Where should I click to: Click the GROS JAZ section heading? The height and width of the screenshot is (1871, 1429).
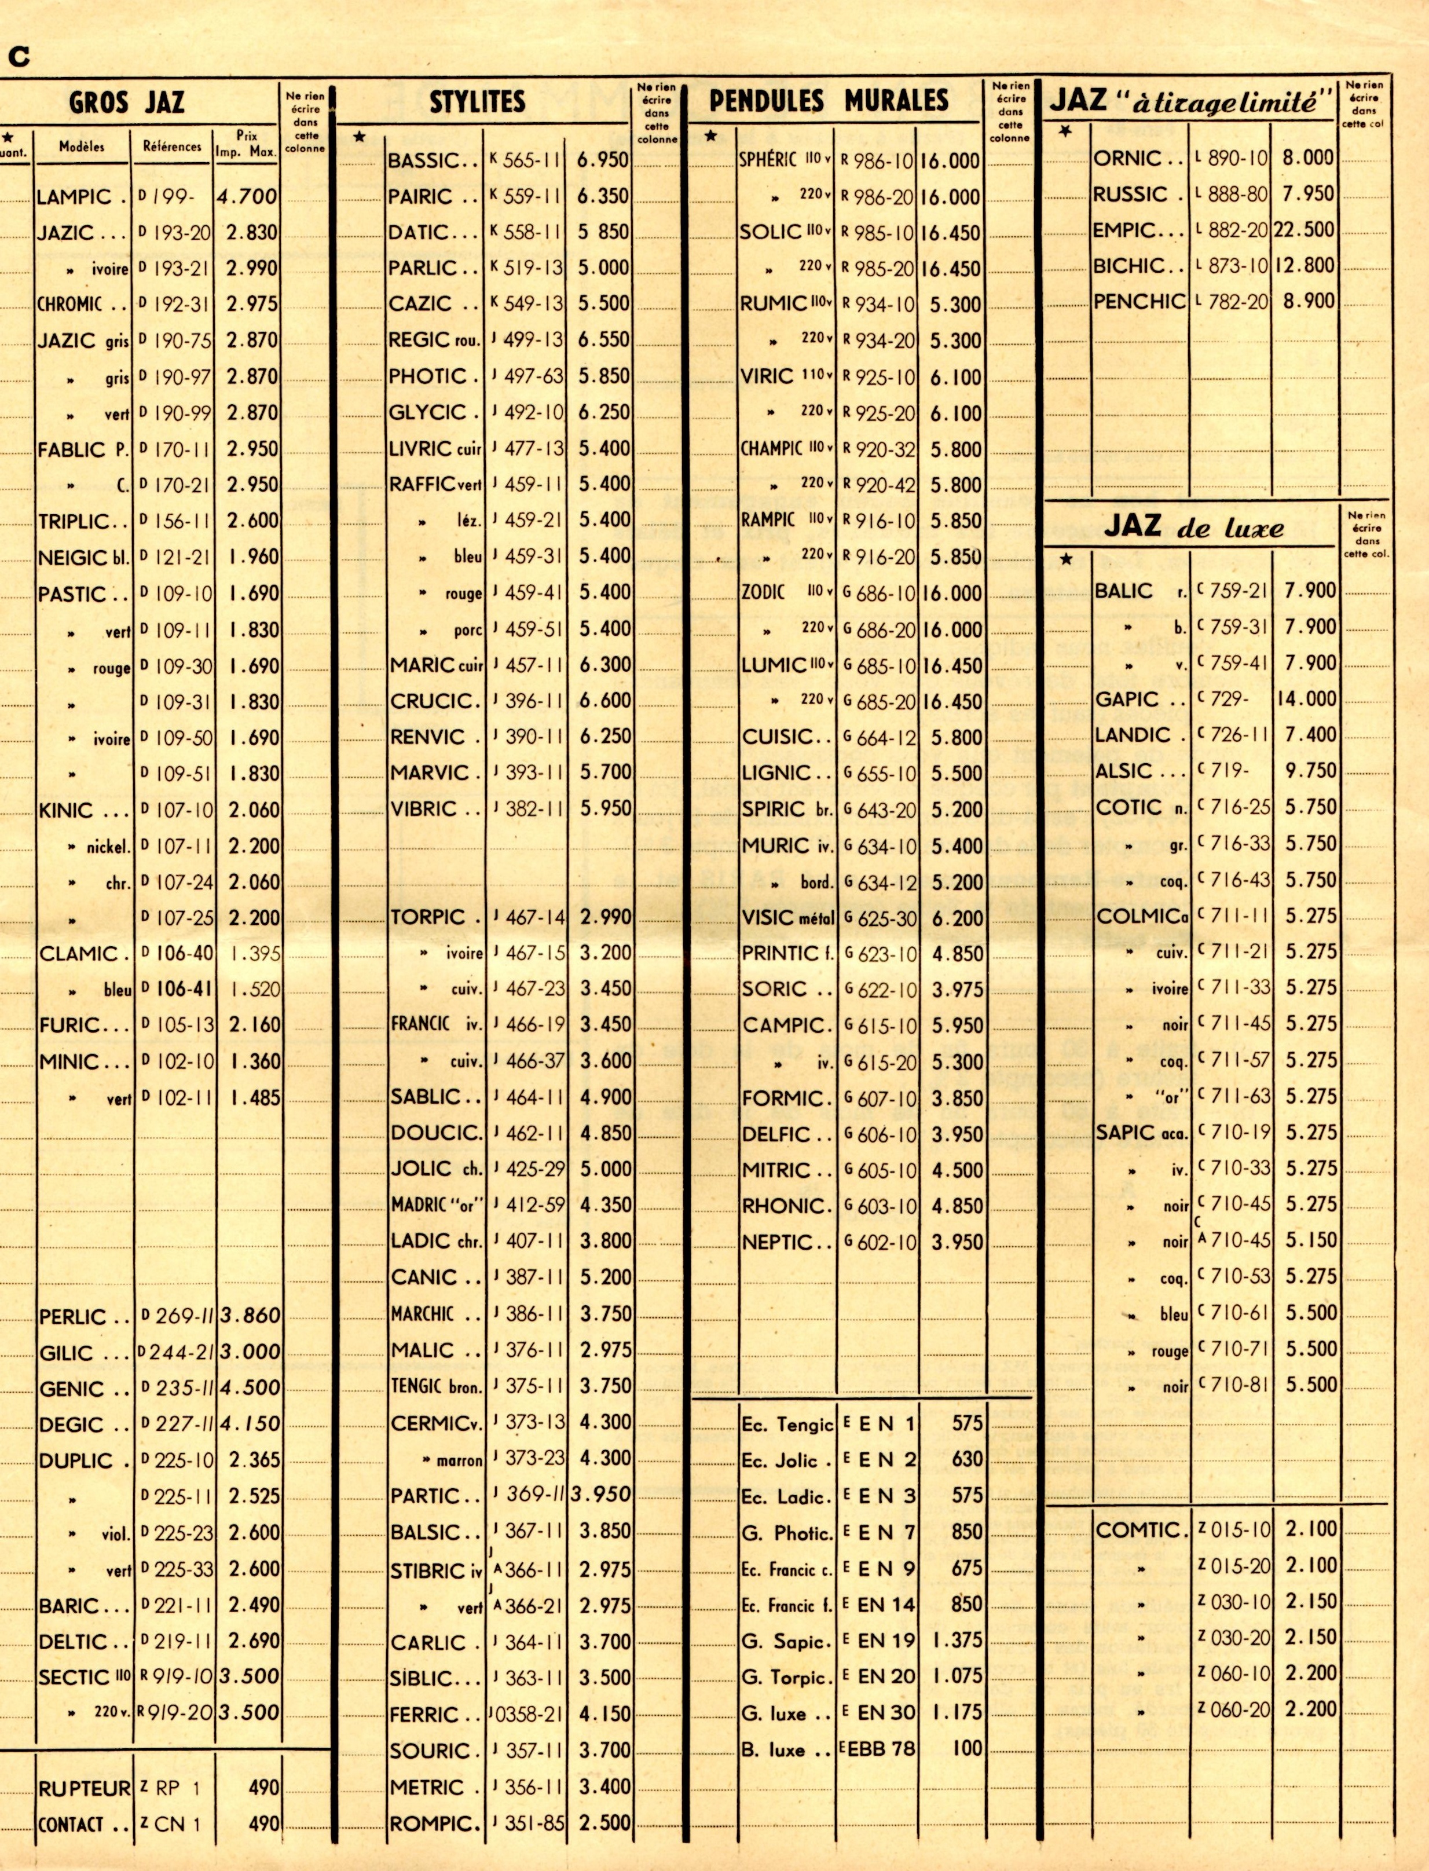[x=127, y=104]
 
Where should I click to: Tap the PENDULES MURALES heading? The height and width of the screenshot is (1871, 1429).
[x=829, y=101]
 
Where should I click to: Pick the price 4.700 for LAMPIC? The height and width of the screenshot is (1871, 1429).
[x=247, y=196]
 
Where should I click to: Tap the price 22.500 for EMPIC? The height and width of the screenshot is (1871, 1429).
[x=1303, y=230]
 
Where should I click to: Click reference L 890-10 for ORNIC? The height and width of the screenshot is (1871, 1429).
[x=1231, y=158]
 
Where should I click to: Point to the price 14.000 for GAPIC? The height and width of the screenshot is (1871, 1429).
[x=1306, y=699]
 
